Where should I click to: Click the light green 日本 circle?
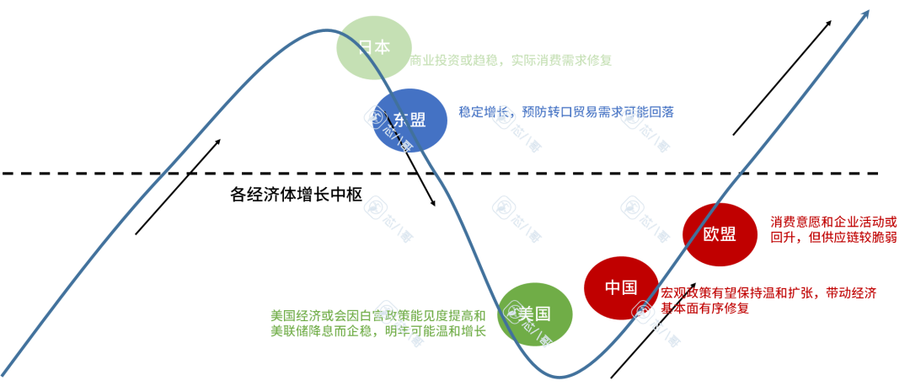coord(374,47)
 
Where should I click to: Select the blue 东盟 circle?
coord(409,120)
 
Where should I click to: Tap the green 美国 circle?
coord(534,314)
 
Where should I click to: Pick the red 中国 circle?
coord(621,287)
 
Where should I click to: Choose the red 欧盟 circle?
coord(720,234)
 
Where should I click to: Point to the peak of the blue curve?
coord(324,30)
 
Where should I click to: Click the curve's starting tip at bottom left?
coord(4,374)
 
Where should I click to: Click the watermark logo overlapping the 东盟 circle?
coord(376,117)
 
